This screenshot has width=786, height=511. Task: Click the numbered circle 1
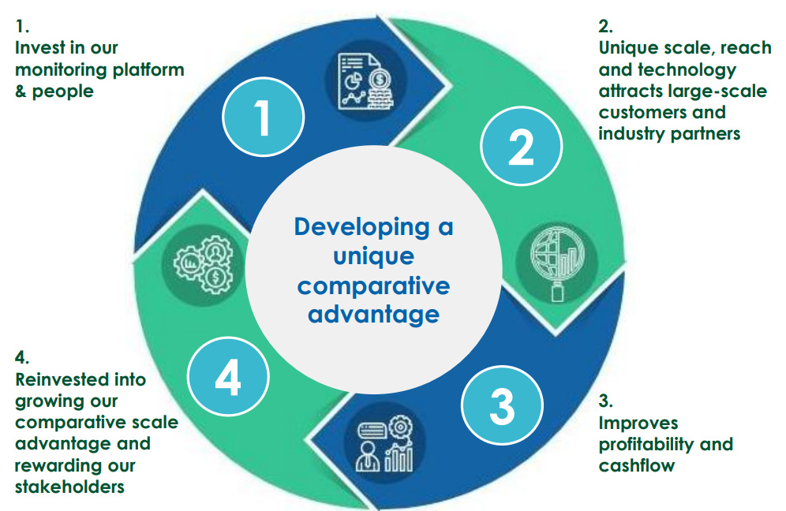pos(262,119)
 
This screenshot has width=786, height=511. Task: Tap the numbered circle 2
pos(521,146)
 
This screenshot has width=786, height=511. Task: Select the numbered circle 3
pos(503,405)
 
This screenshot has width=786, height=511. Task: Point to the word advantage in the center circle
pos(373,314)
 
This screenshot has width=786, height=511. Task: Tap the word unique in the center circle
pos(373,256)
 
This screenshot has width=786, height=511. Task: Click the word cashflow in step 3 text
pos(637,465)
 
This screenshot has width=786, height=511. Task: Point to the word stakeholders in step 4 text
pos(69,487)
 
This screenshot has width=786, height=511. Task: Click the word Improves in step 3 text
pos(638,423)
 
